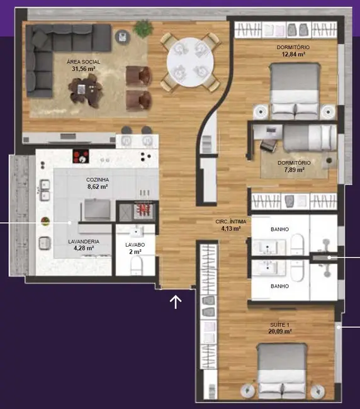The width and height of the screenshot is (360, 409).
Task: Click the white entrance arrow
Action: coord(176,302)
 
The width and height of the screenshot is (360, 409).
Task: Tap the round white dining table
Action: coord(191,62)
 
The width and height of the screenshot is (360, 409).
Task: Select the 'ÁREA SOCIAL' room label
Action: coord(84,62)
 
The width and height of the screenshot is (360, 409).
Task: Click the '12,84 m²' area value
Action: coord(293,54)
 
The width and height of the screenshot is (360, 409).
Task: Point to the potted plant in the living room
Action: coord(143,28)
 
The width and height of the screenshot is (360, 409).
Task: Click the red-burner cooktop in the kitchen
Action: coord(81,156)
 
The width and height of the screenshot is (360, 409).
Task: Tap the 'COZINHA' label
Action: coord(98,180)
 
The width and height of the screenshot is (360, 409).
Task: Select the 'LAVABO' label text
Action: coord(135,245)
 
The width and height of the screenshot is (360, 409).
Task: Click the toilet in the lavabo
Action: coord(137,266)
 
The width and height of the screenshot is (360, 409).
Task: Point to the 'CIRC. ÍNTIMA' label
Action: coord(231,221)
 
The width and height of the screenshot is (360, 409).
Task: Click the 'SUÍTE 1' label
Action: coord(279,325)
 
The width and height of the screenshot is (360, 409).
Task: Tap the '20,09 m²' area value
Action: coord(280,332)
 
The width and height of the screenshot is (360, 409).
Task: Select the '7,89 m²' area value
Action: coord(295,170)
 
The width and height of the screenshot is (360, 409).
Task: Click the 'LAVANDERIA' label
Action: coord(84,242)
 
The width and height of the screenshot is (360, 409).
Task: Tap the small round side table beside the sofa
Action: coord(123,36)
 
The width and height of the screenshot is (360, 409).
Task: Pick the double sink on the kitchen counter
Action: coord(45,189)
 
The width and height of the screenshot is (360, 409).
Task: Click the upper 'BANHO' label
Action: coord(279,229)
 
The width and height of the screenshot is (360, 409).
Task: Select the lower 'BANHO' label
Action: coord(279,286)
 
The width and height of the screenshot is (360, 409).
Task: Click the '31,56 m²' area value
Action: coord(84,69)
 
